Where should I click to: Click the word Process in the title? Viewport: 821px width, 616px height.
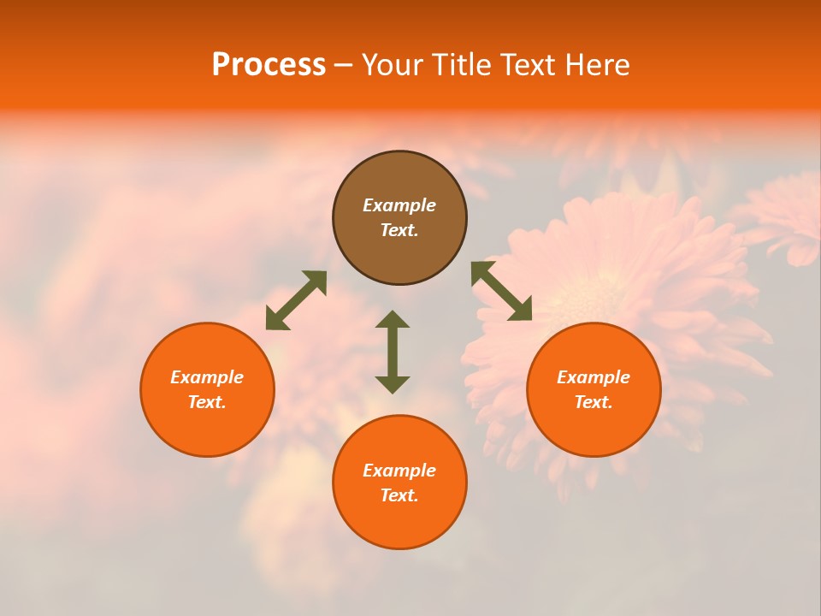[269, 65]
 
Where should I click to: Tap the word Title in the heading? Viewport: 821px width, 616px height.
[466, 65]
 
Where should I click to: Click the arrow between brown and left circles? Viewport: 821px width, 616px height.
[296, 300]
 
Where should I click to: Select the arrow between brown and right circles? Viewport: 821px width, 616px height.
[501, 292]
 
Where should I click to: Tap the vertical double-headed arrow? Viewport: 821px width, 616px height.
[393, 352]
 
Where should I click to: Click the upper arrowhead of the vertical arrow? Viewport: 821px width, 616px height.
[393, 319]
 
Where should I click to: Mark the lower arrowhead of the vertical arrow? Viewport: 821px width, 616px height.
[393, 384]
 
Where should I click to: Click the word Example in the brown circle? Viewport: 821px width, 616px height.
[399, 205]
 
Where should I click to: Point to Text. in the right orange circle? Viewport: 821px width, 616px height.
[594, 402]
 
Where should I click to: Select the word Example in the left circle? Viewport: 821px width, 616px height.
[207, 377]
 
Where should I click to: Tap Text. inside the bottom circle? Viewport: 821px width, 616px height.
[399, 495]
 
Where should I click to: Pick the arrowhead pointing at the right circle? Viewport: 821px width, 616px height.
[522, 311]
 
